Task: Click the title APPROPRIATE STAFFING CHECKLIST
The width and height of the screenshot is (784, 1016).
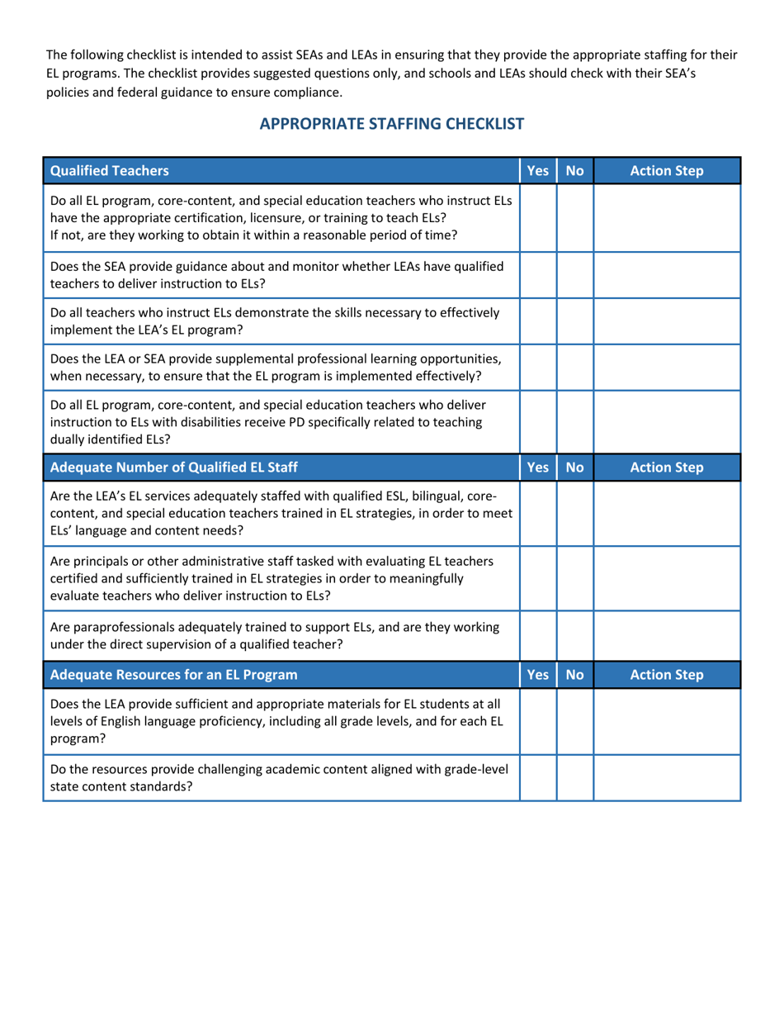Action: pos(392,125)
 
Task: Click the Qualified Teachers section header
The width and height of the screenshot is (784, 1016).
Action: pos(111,172)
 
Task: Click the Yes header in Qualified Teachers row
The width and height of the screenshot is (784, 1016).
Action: pos(537,172)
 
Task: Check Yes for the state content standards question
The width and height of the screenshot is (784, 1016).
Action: pos(537,777)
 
